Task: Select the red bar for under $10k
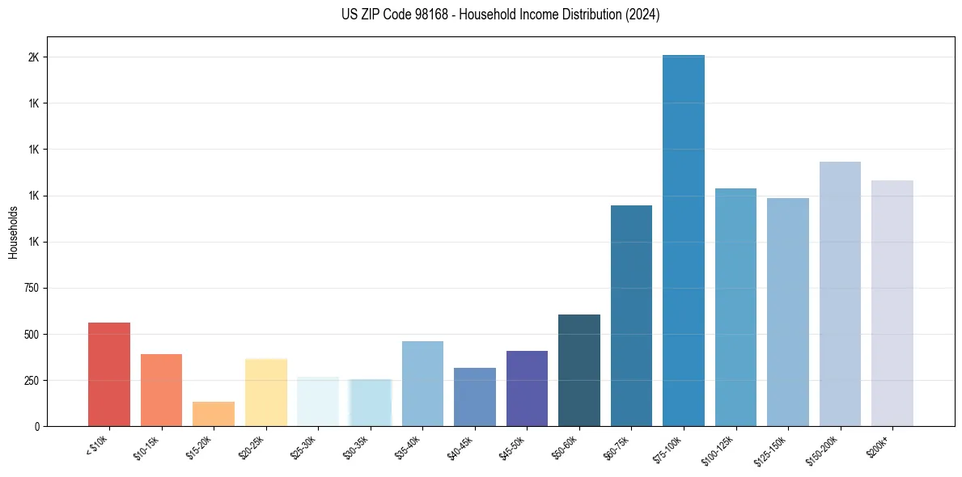pos(109,374)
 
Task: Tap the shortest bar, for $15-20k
pos(214,414)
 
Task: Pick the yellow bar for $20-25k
pos(266,392)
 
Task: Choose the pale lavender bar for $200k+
pos(892,303)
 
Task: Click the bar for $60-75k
pos(631,315)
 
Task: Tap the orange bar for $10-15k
pos(161,390)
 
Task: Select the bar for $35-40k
pos(422,383)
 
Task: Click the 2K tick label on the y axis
pos(34,57)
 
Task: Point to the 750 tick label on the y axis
pos(32,288)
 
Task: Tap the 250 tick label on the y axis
pos(32,380)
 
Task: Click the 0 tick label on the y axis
pos(37,426)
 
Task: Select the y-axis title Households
pos(13,232)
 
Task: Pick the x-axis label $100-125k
pos(720,447)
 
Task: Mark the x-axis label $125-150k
pos(772,447)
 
